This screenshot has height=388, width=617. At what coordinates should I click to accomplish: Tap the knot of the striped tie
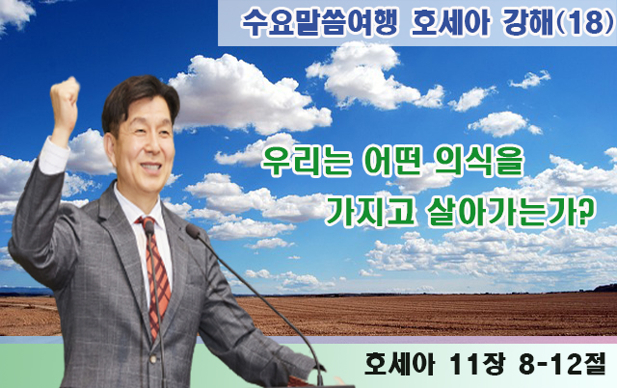pos(148,224)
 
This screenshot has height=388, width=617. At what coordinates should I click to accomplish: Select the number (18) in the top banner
pos(586,23)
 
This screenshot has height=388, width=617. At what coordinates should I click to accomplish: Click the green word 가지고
pos(370,212)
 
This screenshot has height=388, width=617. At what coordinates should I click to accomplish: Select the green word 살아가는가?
pos(510,212)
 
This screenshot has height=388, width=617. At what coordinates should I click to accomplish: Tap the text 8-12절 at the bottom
pos(562,365)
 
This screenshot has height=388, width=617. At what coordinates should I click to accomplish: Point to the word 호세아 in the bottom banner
pos(399,365)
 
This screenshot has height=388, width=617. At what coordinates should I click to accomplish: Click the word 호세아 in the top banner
pos(449,23)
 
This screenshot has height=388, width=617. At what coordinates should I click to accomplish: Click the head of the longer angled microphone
pos(193,231)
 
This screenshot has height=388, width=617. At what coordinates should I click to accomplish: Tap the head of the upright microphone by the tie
pos(149,227)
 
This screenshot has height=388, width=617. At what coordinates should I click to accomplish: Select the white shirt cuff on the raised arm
pos(53,156)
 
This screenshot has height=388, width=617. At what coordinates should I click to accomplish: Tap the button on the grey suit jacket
pos(153,359)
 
